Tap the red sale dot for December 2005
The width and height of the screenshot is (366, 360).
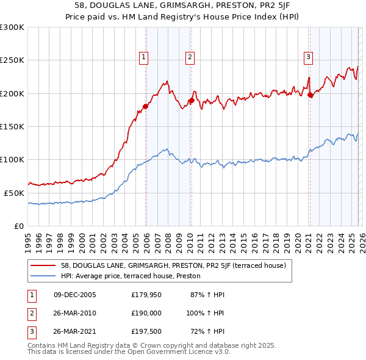[x=146, y=107]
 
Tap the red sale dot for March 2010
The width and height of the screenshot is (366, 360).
[x=192, y=100]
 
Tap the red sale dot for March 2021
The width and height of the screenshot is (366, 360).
[x=310, y=95]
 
